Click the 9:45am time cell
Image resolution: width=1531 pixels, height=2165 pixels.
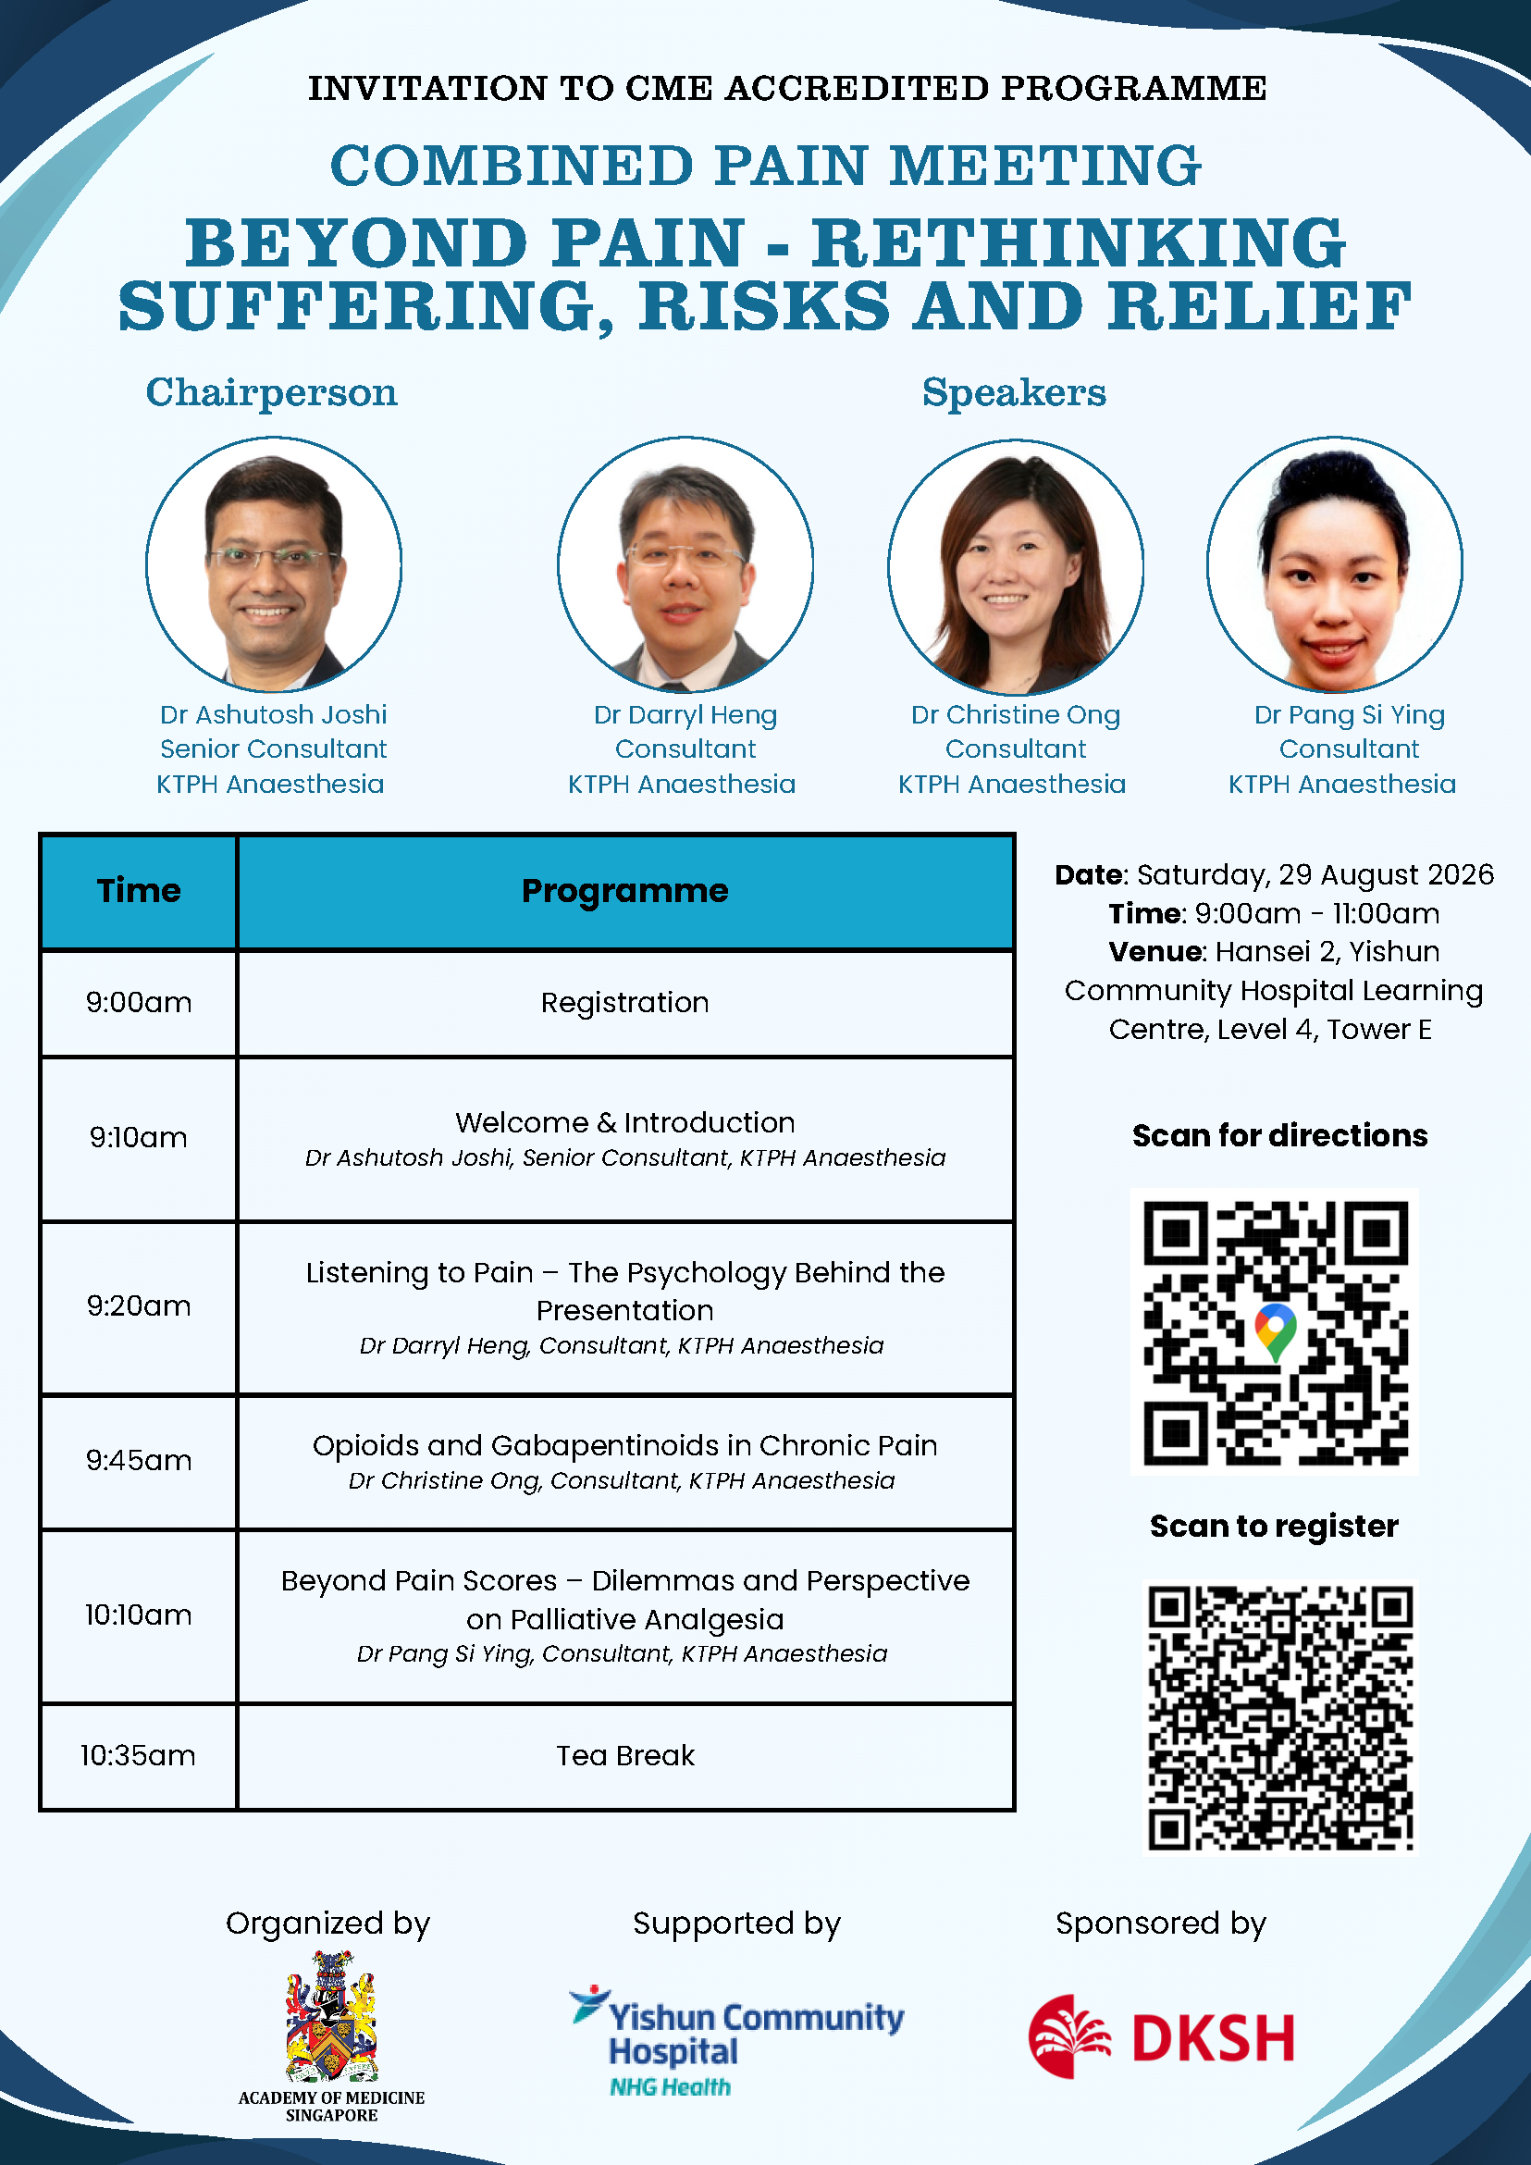point(139,1461)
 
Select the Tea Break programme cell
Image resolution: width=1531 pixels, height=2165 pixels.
point(625,1756)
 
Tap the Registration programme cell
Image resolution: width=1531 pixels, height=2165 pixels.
point(625,1002)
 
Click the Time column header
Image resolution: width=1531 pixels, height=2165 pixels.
point(139,891)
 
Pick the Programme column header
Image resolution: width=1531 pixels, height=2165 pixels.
point(625,891)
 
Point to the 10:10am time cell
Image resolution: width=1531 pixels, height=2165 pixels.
point(139,1615)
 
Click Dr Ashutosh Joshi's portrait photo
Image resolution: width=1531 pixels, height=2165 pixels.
point(274,563)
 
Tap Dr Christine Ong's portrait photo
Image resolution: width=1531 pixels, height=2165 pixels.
point(1016,565)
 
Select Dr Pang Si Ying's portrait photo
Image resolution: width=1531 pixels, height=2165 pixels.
point(1335,563)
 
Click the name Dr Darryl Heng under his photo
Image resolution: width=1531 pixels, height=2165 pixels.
point(685,715)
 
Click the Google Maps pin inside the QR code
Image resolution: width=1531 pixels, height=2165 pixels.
point(1276,1331)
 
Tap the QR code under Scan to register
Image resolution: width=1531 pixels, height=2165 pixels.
point(1280,1718)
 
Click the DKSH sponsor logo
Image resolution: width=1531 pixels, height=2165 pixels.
point(1162,2036)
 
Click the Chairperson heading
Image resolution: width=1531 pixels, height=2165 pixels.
point(271,392)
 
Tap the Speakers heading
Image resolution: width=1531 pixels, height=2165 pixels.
point(1015,392)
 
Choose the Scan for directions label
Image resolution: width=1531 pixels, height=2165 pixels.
point(1279,1135)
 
